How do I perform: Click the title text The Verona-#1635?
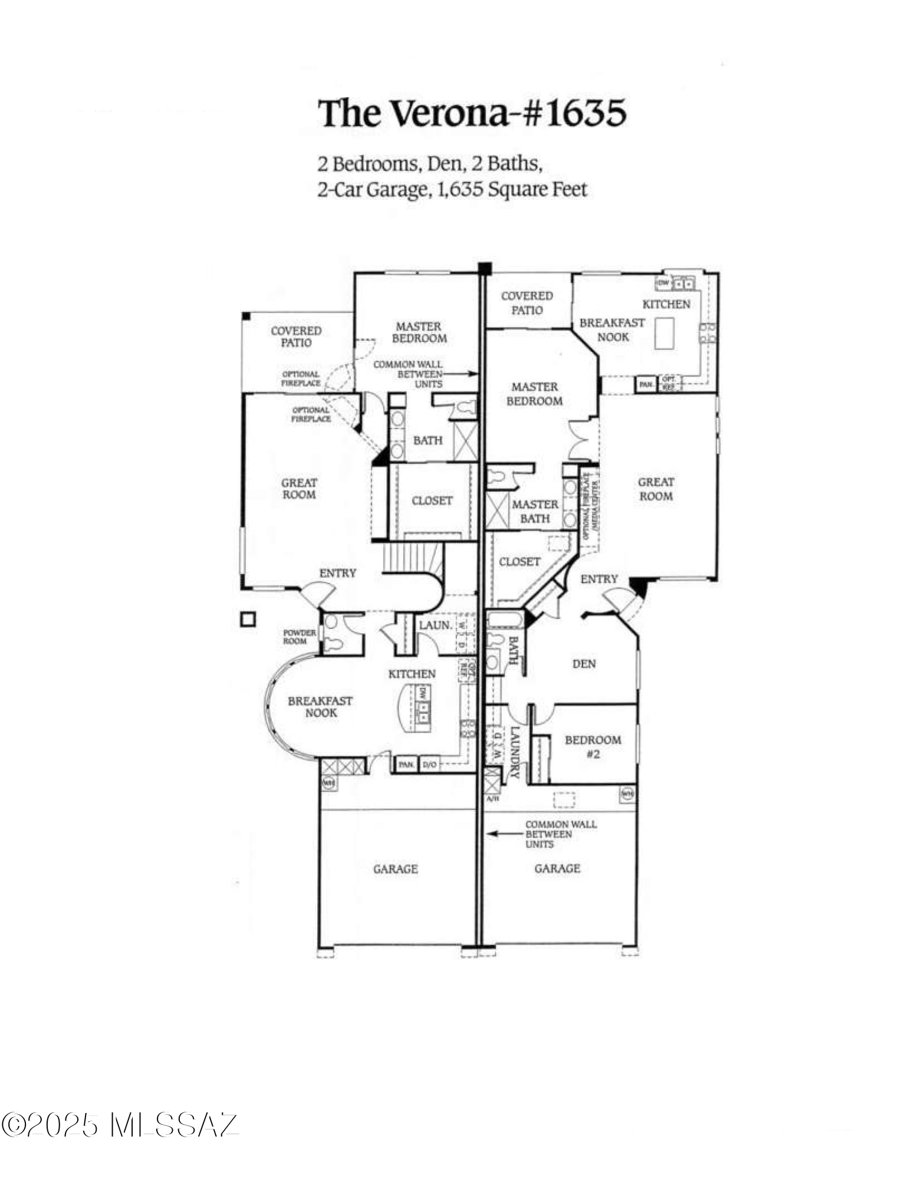click(x=472, y=113)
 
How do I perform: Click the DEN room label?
click(x=584, y=664)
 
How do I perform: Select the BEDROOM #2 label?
click(x=593, y=746)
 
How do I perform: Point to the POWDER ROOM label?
click(x=300, y=637)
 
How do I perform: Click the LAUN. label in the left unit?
click(x=435, y=625)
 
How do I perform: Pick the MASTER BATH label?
click(x=535, y=512)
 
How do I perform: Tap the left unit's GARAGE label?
click(x=395, y=869)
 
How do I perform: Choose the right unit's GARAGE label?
click(x=557, y=868)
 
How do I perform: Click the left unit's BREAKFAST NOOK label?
click(x=320, y=707)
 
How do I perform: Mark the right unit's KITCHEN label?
click(x=666, y=304)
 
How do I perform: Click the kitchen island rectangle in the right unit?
click(x=665, y=333)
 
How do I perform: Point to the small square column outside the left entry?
click(x=248, y=620)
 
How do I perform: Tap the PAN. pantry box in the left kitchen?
click(x=406, y=765)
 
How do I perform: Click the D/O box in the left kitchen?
click(x=429, y=765)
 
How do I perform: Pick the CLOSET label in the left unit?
click(x=432, y=500)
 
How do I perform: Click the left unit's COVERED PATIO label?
click(x=296, y=337)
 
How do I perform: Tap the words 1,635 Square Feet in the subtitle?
click(x=512, y=190)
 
